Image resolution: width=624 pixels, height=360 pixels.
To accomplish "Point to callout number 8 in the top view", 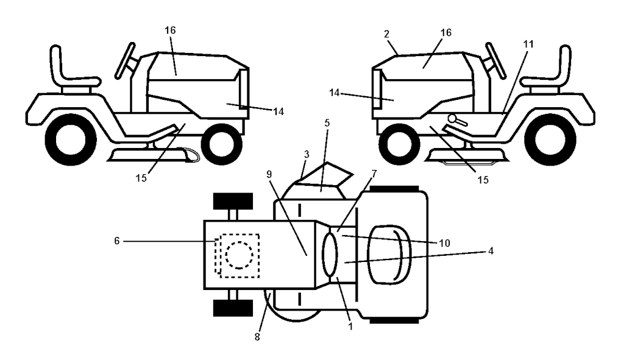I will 257,336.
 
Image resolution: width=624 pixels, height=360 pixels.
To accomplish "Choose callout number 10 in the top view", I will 444,242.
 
